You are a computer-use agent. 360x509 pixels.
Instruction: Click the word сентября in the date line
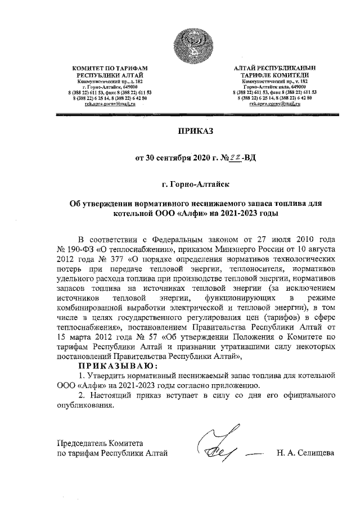click(175, 158)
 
